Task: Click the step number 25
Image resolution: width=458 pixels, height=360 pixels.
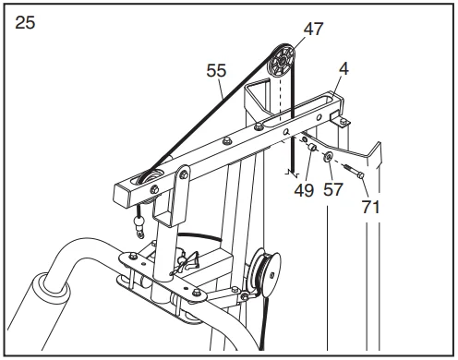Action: pyautogui.click(x=25, y=23)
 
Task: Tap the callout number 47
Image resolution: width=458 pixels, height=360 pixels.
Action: pyautogui.click(x=313, y=29)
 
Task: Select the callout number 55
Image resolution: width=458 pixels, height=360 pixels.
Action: pyautogui.click(x=216, y=70)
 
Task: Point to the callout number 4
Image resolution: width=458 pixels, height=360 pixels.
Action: pyautogui.click(x=343, y=68)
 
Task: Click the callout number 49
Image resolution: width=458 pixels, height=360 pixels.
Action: pyautogui.click(x=304, y=190)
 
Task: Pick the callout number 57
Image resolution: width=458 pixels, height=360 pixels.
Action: pyautogui.click(x=333, y=189)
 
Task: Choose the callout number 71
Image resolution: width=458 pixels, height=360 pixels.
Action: pyautogui.click(x=370, y=207)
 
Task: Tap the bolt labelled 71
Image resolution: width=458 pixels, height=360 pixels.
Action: pyautogui.click(x=354, y=171)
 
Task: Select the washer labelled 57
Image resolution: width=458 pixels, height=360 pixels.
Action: pyautogui.click(x=328, y=157)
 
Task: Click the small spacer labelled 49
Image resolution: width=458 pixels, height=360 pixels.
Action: pyautogui.click(x=312, y=148)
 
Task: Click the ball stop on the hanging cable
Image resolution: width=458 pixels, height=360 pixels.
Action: pyautogui.click(x=139, y=222)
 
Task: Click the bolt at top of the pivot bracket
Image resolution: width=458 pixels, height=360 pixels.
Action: pyautogui.click(x=184, y=174)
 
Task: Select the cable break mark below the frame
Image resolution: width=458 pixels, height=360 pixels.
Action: pyautogui.click(x=292, y=174)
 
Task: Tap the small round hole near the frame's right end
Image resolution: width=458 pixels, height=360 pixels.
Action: pyautogui.click(x=319, y=117)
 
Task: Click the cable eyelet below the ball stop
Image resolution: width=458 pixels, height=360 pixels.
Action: pyautogui.click(x=140, y=235)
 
